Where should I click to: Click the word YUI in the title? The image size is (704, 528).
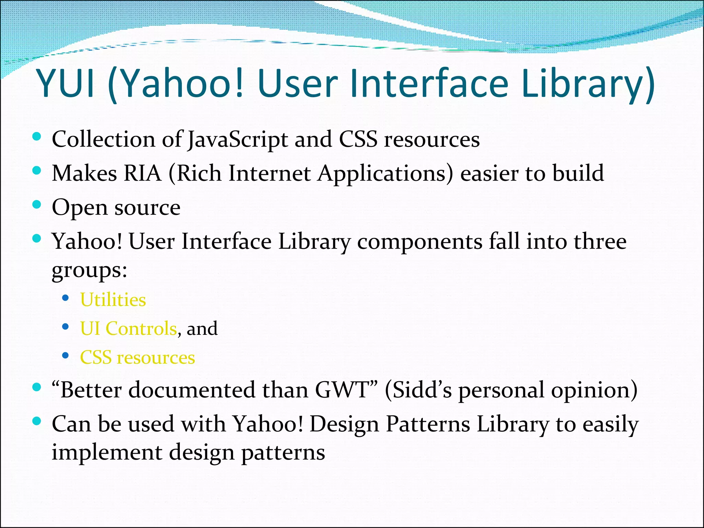pos(65,84)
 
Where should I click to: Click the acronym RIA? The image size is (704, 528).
pos(142,173)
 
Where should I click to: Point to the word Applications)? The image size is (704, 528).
pos(385,173)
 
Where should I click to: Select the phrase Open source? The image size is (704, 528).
pos(116,208)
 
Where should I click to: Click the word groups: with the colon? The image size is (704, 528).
pos(89,270)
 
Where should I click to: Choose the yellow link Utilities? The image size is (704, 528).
pos(113,300)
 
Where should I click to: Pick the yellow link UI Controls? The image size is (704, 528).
pos(128,328)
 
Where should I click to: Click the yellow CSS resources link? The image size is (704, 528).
pos(137,357)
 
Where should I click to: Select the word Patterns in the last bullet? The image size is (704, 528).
pos(428,424)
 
